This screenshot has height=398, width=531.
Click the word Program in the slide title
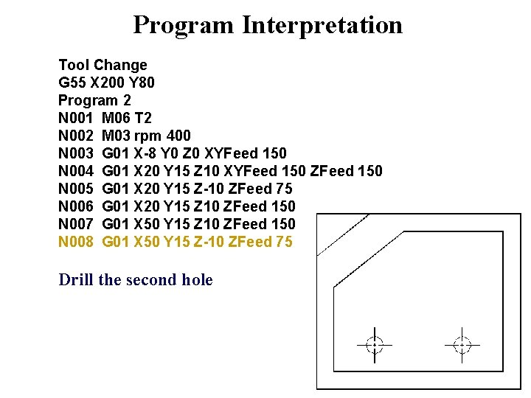tap(184, 25)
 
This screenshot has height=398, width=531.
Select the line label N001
tap(76, 118)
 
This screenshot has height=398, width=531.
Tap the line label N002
tap(76, 136)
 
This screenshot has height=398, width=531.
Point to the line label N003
tap(76, 153)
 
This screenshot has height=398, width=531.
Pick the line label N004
tap(76, 171)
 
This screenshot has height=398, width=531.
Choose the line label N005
tap(76, 189)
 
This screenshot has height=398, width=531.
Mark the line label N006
tap(76, 206)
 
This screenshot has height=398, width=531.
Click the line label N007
tap(76, 224)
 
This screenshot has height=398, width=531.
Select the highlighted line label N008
tap(76, 242)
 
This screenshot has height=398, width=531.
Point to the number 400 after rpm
tap(178, 136)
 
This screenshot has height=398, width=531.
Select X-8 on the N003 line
tap(147, 153)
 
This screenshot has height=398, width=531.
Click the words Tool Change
tap(103, 65)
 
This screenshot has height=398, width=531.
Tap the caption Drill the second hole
tap(136, 280)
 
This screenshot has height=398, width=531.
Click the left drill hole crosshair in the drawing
tap(375, 344)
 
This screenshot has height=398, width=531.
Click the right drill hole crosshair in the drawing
tap(462, 344)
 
